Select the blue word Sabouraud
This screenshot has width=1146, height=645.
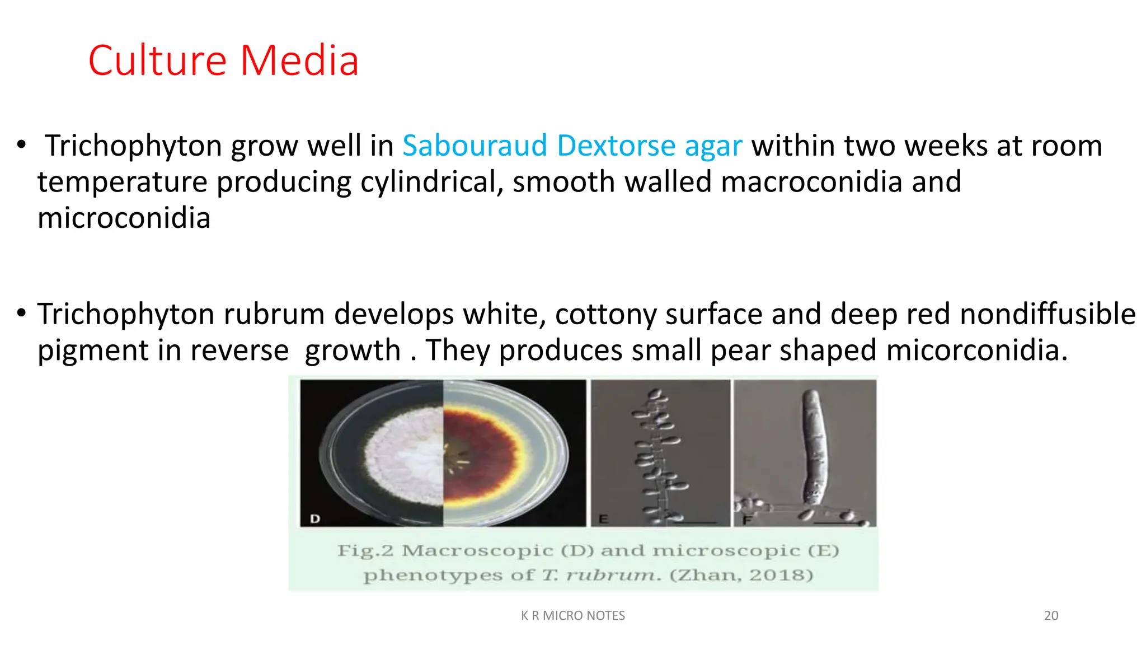point(475,146)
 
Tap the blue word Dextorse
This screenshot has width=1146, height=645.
point(616,146)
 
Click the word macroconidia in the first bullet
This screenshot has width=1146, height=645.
point(811,182)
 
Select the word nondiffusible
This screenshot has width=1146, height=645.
point(1048,314)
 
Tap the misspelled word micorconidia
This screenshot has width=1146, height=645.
point(976,350)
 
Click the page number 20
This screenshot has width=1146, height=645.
point(1051,615)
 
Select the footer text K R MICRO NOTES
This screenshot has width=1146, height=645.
point(573,615)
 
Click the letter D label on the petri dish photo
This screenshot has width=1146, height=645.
point(315,518)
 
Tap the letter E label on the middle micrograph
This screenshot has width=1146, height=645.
point(603,518)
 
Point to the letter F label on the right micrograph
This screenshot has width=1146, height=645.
point(746,520)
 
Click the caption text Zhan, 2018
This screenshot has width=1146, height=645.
point(741,575)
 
